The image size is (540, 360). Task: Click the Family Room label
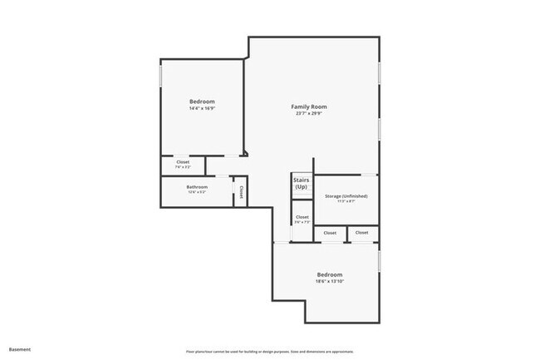click(x=308, y=106)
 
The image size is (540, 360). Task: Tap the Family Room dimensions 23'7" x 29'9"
click(x=308, y=114)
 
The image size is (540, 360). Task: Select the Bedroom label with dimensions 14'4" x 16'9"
click(x=202, y=101)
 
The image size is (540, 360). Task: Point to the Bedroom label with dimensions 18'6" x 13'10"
click(x=330, y=274)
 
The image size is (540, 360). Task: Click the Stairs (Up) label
click(x=301, y=183)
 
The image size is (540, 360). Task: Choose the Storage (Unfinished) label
click(x=341, y=196)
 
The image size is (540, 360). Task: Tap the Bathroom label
click(x=197, y=187)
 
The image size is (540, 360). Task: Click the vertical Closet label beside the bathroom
click(x=241, y=192)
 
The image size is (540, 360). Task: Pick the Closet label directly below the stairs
click(x=302, y=217)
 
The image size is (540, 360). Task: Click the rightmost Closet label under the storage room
click(x=362, y=233)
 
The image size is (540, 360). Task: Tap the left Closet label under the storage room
click(x=330, y=234)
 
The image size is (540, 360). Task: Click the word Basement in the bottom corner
click(x=20, y=349)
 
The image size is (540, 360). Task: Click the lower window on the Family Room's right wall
click(x=379, y=129)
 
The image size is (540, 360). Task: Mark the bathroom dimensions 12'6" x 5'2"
click(x=197, y=193)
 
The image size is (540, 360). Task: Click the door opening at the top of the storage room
click(x=366, y=175)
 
